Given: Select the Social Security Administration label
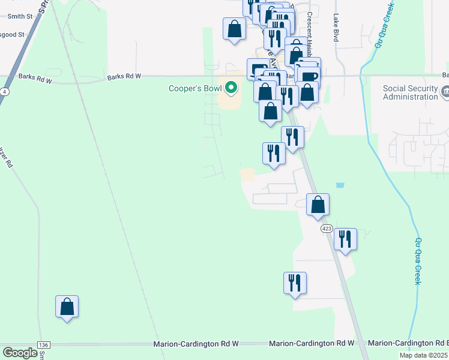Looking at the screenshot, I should pos(411,92).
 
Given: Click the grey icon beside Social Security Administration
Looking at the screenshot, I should pos(445,92).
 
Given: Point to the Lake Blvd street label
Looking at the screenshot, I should pos(336,27).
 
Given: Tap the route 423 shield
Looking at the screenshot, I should pos(327,229).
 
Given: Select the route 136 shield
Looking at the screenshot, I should pos(43,344).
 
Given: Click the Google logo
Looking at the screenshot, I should pos(20,353).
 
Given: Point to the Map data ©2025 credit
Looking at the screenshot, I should pos(424,355).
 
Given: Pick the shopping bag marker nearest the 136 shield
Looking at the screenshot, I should pos(67,307).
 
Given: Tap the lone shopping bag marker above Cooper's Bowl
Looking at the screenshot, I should pos(234,29).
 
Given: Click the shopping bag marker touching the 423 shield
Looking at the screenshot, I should pos(318,205).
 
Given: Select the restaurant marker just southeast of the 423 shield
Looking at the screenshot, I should pos(345,239).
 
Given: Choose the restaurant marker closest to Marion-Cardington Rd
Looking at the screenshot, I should pos(295,283).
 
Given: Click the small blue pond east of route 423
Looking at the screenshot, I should pos(340,186).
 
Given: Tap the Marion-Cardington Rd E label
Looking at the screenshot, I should pos(408,343).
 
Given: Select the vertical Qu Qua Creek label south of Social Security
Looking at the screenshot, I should pos(418,260).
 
